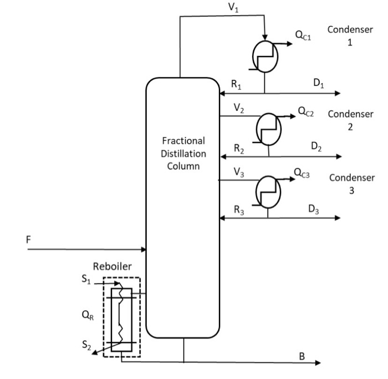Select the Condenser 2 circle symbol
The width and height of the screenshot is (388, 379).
point(268,130)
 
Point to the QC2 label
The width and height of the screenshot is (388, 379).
point(306,111)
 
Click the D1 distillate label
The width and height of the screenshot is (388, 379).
point(318,83)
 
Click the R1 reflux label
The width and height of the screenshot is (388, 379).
point(236,85)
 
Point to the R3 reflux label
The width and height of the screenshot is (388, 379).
point(238,210)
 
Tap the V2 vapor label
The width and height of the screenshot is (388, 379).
point(238,109)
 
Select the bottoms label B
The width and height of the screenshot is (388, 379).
point(302,356)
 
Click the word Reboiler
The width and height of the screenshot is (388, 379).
point(113,266)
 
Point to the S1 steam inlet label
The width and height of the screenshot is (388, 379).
point(85,280)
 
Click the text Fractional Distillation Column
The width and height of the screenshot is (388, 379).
point(183,153)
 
